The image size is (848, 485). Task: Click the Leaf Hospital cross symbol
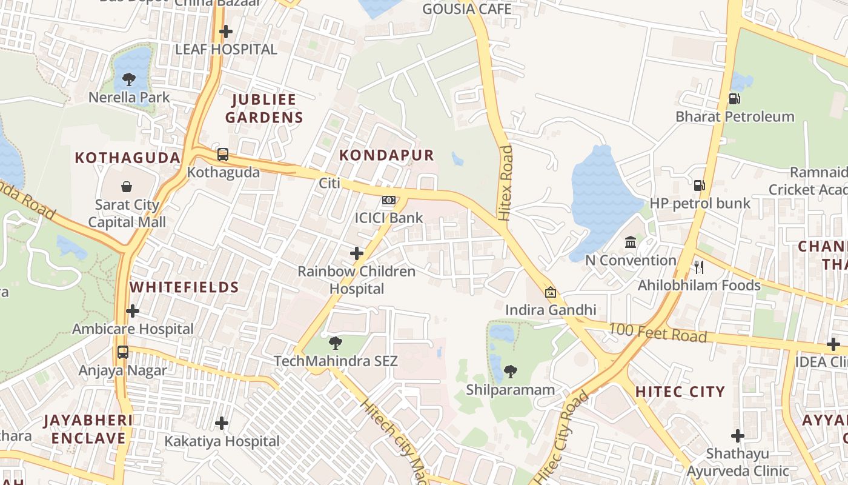point(226,31)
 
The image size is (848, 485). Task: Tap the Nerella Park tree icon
point(129,79)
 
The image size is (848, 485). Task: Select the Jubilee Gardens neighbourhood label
point(264,109)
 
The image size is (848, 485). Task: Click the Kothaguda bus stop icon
point(223,155)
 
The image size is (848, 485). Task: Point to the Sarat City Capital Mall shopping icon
point(127,187)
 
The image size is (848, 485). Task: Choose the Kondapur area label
point(386,155)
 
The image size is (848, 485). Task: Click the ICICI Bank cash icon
point(389,200)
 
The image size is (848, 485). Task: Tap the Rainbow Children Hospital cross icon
point(357,253)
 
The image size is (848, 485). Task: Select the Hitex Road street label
point(505,182)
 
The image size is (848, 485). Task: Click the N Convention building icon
point(631,242)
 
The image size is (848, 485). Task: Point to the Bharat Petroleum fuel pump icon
point(734,98)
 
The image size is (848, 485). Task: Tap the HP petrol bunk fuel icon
point(699,185)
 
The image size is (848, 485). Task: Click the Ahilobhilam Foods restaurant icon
point(698,267)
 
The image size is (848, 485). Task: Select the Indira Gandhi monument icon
point(551,292)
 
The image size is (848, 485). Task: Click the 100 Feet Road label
point(657,332)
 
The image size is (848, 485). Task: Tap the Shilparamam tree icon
point(511,371)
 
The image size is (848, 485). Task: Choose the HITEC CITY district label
point(680,392)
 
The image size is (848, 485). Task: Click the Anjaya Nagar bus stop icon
point(123,352)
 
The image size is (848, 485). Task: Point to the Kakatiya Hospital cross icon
point(222,423)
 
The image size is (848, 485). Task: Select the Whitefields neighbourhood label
point(184,287)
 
